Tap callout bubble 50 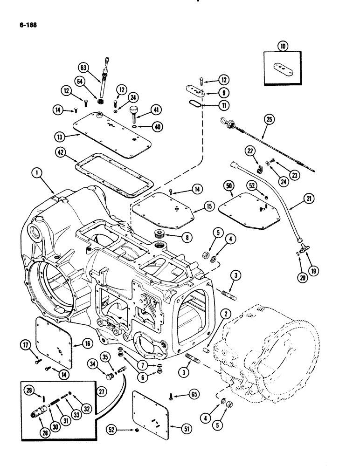pos(228,185)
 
